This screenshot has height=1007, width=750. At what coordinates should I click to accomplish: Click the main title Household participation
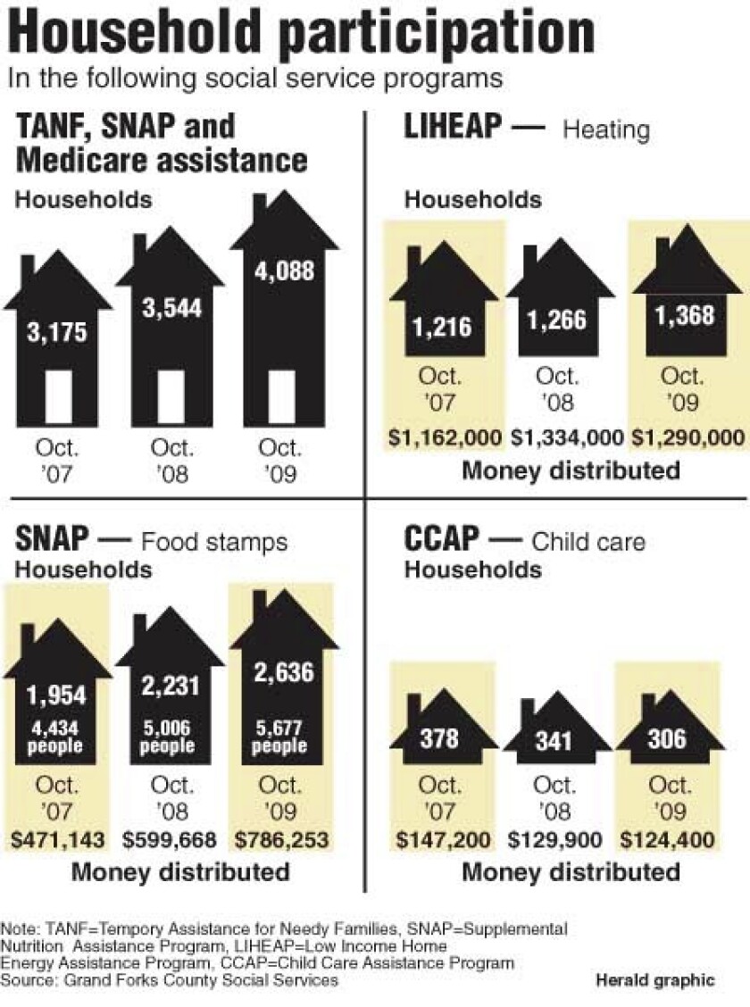pyautogui.click(x=302, y=33)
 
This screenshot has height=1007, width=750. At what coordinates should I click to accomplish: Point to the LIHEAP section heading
pyautogui.click(x=453, y=128)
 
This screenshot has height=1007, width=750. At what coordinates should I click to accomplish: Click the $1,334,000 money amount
pyautogui.click(x=566, y=437)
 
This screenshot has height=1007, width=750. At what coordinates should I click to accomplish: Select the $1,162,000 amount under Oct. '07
pyautogui.click(x=444, y=437)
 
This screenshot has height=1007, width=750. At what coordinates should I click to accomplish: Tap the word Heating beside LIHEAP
pyautogui.click(x=605, y=130)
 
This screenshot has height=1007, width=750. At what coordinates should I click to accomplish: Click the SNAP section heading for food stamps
pyautogui.click(x=53, y=539)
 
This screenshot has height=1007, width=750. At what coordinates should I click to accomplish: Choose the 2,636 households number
pyautogui.click(x=283, y=670)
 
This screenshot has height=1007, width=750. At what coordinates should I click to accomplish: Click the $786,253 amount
pyautogui.click(x=283, y=839)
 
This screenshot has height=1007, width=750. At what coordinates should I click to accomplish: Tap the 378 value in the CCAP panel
pyautogui.click(x=439, y=738)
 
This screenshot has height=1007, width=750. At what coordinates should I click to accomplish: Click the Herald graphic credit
pyautogui.click(x=655, y=980)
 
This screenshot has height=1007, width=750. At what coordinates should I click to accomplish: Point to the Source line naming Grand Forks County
pyautogui.click(x=170, y=980)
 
